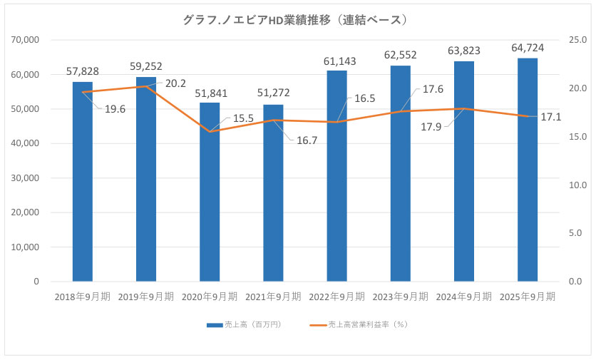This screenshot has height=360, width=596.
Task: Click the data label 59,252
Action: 146,66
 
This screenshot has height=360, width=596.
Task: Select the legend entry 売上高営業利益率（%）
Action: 367,324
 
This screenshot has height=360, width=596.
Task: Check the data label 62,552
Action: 400,55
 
